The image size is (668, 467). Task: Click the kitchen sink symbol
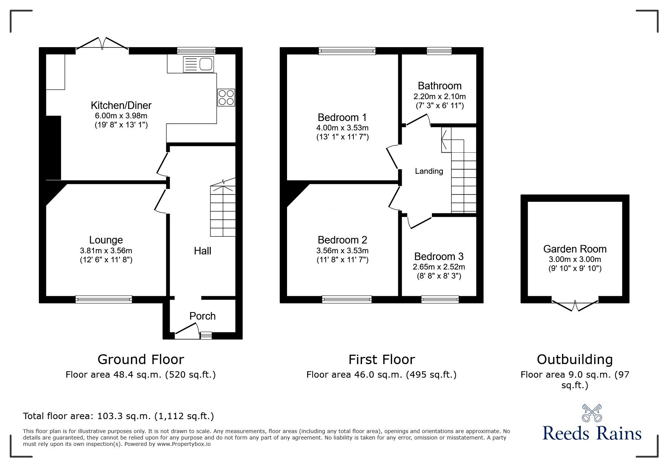coord(198,64)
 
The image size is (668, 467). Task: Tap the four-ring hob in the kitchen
coord(226,97)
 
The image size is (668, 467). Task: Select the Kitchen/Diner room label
coord(121,105)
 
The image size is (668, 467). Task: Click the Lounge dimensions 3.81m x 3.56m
coord(106,251)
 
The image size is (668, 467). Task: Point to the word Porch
coord(203,316)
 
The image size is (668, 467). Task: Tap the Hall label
coord(203,251)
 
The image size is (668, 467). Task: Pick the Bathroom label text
coord(439,86)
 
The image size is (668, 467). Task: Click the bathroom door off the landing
coord(417,119)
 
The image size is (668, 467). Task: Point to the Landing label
coord(429,171)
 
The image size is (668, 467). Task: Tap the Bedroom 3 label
coord(439,257)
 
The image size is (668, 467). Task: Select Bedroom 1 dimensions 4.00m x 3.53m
coord(342,128)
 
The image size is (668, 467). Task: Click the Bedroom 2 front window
coord(347,299)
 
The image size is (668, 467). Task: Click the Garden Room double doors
coord(575,305)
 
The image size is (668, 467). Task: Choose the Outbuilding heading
coord(574,359)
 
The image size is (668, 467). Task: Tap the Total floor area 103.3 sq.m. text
coord(118,416)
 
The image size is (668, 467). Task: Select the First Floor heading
coord(381,359)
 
